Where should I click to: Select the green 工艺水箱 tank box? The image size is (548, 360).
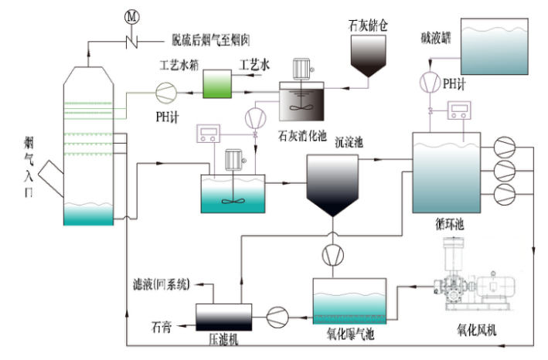[x=218, y=83]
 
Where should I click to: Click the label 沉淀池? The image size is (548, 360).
[x=348, y=143]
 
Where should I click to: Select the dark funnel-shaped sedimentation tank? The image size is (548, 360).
[x=332, y=183]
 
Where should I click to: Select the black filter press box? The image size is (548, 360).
[x=223, y=315]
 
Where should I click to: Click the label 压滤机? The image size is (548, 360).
[x=223, y=338]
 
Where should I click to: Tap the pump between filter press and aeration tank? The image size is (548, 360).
[x=277, y=315]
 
